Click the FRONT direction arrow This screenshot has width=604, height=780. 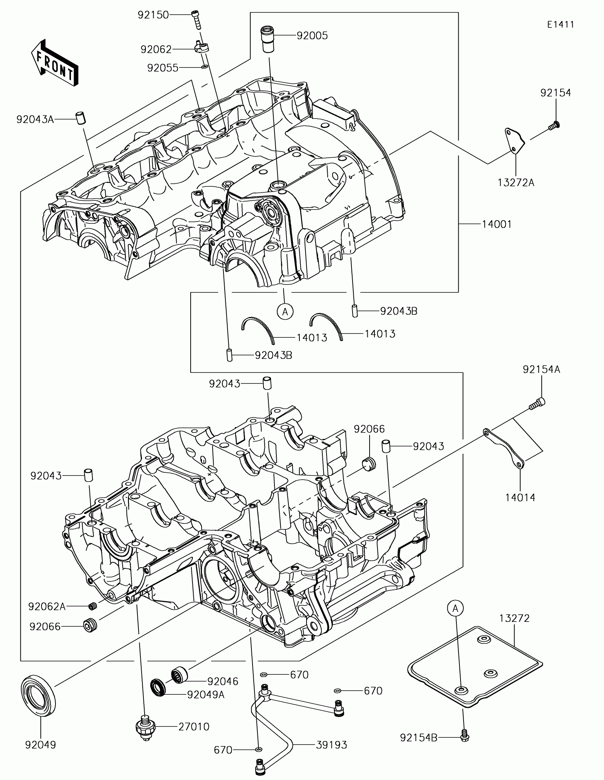[x=55, y=62]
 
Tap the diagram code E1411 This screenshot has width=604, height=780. [x=561, y=25]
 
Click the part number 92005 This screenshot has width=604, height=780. [x=312, y=36]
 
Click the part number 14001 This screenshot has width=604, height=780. [x=497, y=225]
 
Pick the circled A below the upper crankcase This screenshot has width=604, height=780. [x=285, y=312]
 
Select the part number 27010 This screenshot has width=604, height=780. [x=194, y=726]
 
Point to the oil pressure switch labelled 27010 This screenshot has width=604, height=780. [x=145, y=728]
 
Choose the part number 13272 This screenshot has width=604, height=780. [x=514, y=618]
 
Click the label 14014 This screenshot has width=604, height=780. [x=520, y=497]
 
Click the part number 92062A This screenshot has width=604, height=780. [x=47, y=606]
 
